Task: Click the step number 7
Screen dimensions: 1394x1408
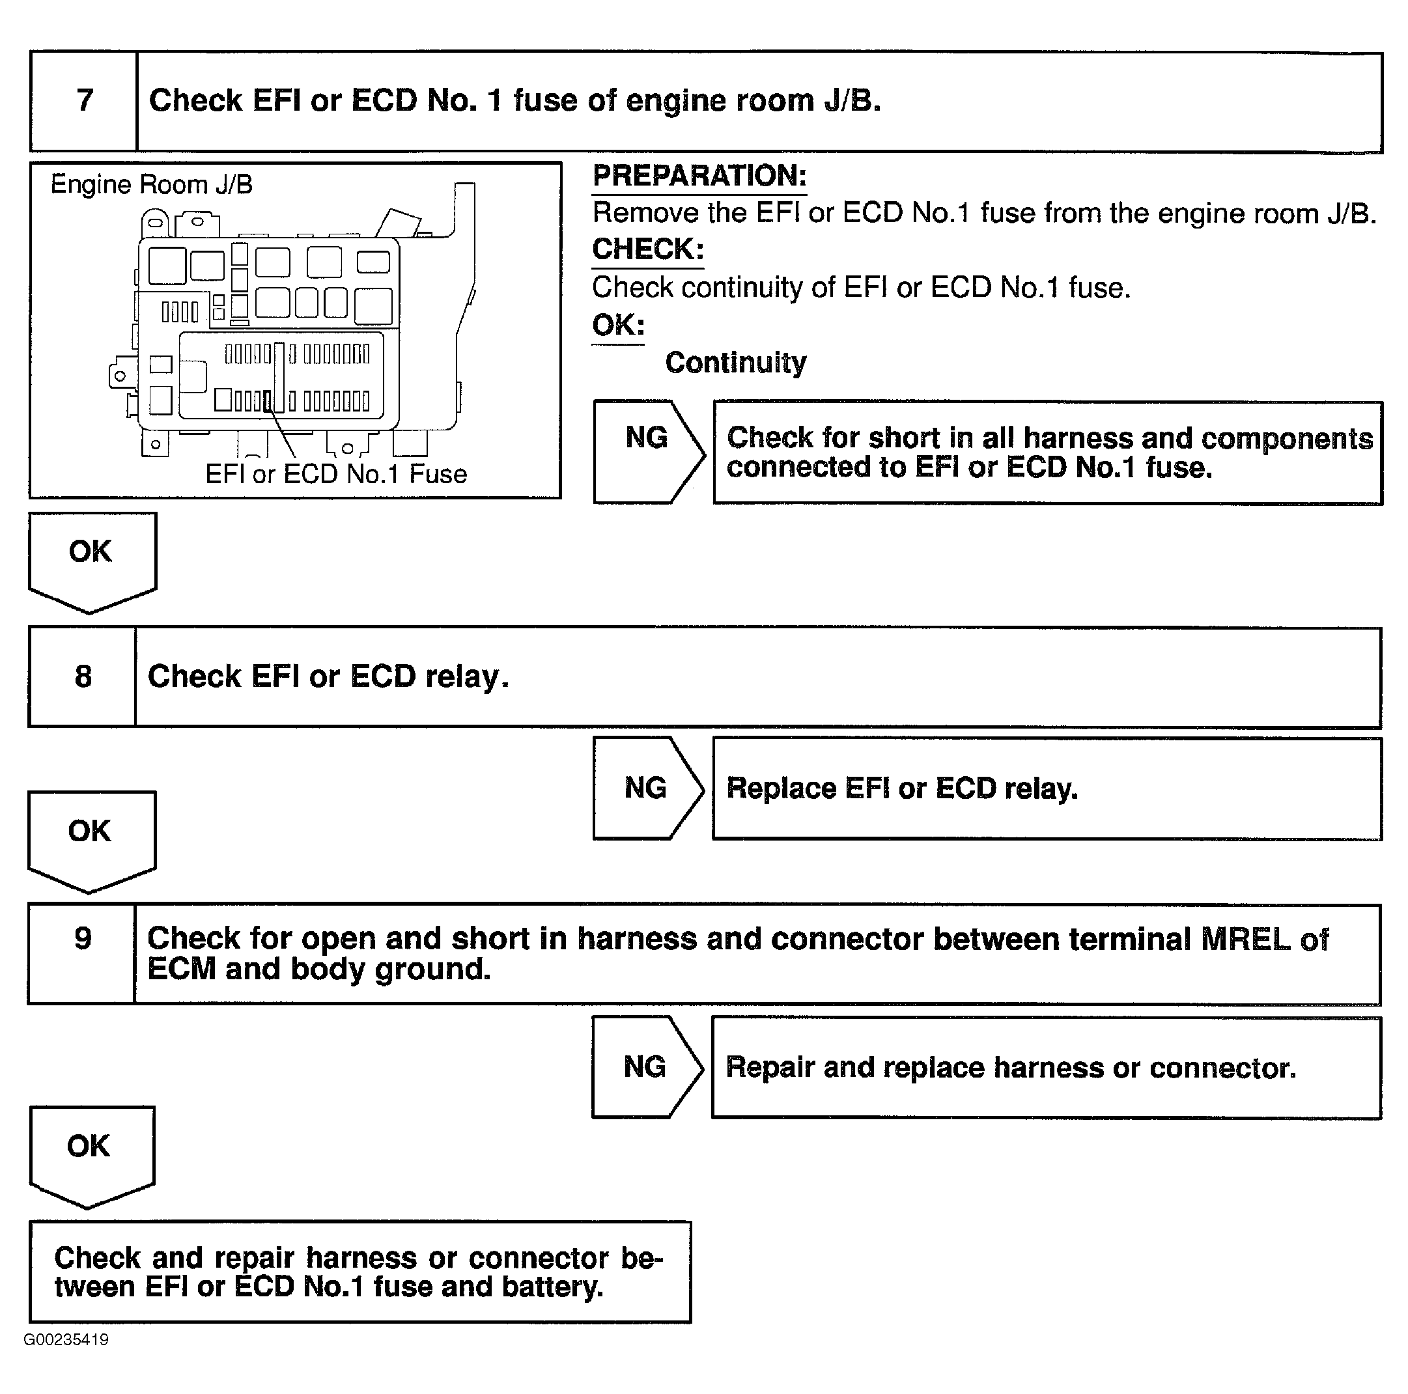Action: [85, 100]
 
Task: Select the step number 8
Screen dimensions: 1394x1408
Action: [83, 676]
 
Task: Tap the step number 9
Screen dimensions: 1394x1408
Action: [83, 939]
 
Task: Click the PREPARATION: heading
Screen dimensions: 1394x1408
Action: [699, 176]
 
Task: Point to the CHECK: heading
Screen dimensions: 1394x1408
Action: [647, 250]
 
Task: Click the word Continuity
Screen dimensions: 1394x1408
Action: [735, 362]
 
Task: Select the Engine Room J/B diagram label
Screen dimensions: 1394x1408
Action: [151, 185]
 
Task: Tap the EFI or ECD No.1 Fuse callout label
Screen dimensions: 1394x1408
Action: [335, 475]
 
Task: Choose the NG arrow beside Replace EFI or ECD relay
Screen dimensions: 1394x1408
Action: [645, 788]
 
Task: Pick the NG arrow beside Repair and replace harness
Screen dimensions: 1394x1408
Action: [645, 1066]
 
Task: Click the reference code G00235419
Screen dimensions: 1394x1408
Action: [66, 1339]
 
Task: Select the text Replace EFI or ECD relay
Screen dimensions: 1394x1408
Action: [901, 788]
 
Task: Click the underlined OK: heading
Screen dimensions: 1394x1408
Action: [617, 325]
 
